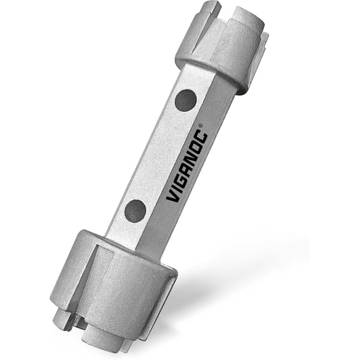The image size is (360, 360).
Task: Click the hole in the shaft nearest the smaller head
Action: (185, 100)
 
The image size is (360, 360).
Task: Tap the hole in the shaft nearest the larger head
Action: (136, 211)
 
